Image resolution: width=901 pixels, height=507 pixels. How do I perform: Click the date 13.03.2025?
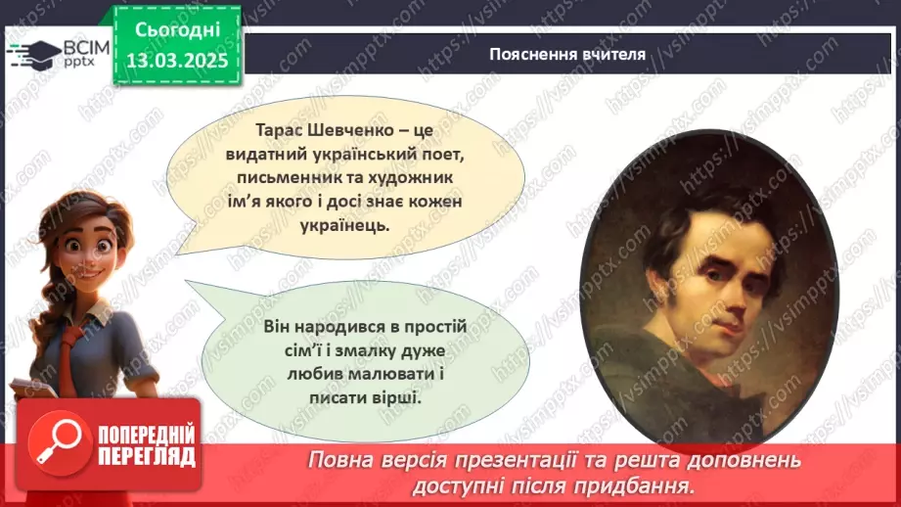click(x=176, y=59)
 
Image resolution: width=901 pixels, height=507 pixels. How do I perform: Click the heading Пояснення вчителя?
click(x=567, y=54)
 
